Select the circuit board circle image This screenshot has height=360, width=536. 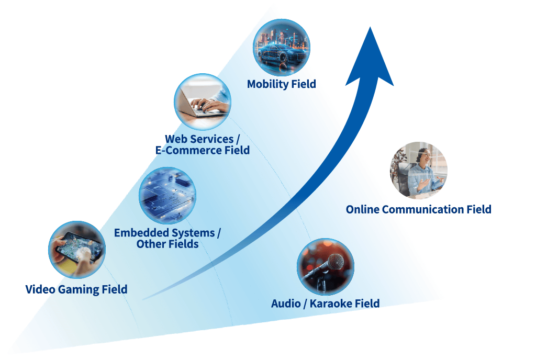coord(167,196)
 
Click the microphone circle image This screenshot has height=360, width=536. coord(325,267)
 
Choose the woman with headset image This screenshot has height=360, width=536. coord(419,171)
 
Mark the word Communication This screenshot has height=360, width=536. coord(422,210)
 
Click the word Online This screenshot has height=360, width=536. coord(362,210)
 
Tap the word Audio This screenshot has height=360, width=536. coord(286,303)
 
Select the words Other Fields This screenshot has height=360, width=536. coord(167,244)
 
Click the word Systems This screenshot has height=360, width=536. coord(193,233)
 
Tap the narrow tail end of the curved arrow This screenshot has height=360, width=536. coord(144,299)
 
